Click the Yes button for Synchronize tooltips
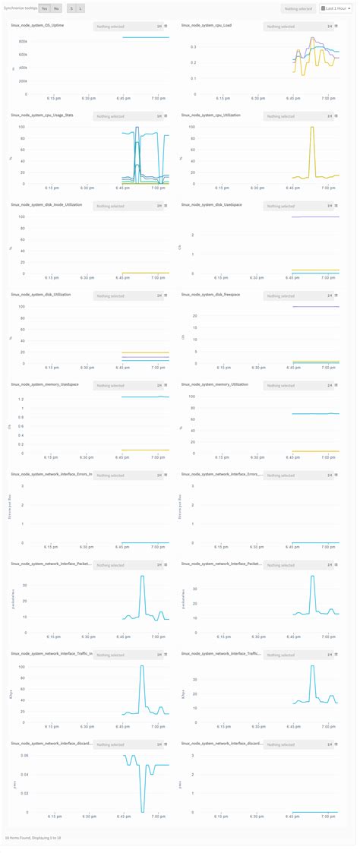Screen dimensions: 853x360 [45, 8]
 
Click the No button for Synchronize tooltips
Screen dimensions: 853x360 [56, 8]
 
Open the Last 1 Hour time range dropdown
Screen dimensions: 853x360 [334, 8]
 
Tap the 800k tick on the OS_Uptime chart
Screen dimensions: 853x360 [23, 41]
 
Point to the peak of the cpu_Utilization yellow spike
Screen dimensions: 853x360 [311, 127]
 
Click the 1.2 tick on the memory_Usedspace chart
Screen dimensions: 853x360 [24, 399]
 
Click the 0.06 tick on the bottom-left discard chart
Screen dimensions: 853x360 [23, 755]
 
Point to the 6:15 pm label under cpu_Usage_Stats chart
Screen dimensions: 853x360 [52, 188]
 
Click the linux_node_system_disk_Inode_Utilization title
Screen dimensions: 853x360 [47, 204]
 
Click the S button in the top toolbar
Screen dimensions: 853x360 [71, 8]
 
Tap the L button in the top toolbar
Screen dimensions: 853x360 [81, 8]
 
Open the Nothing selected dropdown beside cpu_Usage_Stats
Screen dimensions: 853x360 [122, 116]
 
